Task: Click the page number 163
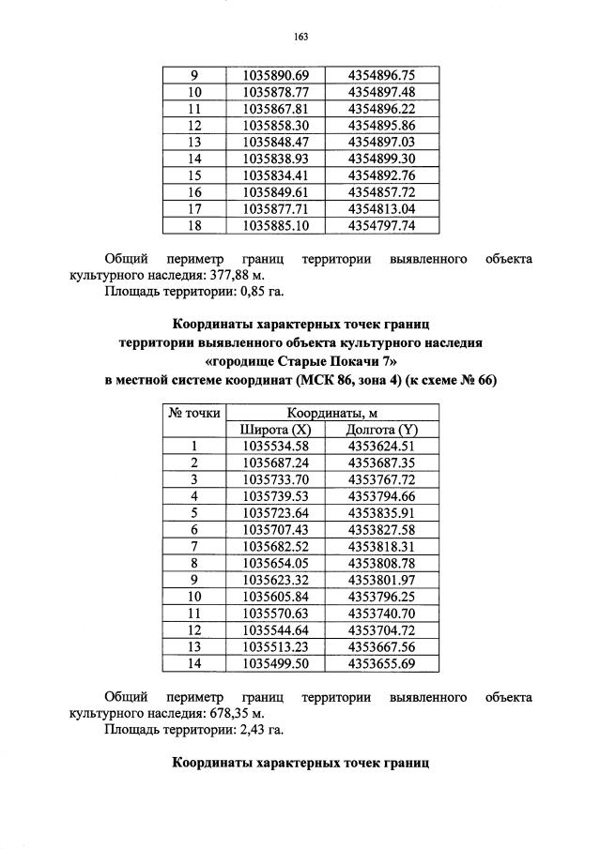click(300, 37)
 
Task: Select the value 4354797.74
click(381, 226)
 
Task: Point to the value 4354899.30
click(381, 159)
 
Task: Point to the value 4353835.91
click(381, 513)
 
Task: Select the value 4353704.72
click(381, 630)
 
